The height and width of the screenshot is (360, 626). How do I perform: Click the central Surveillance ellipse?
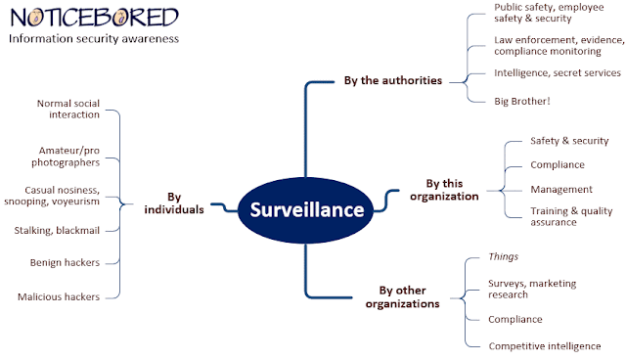point(306,210)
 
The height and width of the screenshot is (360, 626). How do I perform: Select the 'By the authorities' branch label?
point(393,80)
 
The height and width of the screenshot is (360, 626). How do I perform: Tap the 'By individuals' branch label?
point(174,203)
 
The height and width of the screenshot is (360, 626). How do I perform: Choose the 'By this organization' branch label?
point(444,190)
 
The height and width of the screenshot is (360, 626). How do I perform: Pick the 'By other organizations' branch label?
point(402,297)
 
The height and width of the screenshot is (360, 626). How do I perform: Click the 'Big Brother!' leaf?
point(521,101)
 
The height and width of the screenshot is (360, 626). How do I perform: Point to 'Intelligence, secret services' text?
point(558,72)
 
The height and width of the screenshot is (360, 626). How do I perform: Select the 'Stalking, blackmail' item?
point(57,230)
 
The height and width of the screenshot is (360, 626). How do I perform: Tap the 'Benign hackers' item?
point(65,262)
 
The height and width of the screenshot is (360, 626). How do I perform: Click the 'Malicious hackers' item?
point(59,296)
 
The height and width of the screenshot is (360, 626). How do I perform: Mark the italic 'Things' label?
point(503,256)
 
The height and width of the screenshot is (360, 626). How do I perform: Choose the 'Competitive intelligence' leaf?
point(545,346)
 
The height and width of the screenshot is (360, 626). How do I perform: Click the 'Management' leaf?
point(561,189)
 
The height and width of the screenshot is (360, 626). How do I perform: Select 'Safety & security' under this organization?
point(569,141)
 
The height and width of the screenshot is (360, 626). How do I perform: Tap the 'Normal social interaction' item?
point(68,109)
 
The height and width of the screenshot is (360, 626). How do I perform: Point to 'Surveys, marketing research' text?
point(532,289)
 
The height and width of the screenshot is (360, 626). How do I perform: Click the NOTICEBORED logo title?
point(94,18)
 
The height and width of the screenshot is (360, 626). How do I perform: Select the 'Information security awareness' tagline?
point(94,39)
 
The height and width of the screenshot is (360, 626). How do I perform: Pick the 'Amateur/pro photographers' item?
point(66,157)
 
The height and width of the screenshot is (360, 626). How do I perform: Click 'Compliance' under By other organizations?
point(515,319)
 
